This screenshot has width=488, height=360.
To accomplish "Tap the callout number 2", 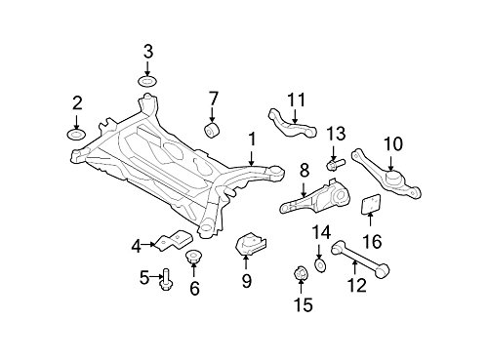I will coord(77,100).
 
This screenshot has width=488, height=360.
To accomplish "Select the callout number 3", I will coord(148,51).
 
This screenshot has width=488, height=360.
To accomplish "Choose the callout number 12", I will coord(356,285).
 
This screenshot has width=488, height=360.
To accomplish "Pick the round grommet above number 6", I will coord(192,258).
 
